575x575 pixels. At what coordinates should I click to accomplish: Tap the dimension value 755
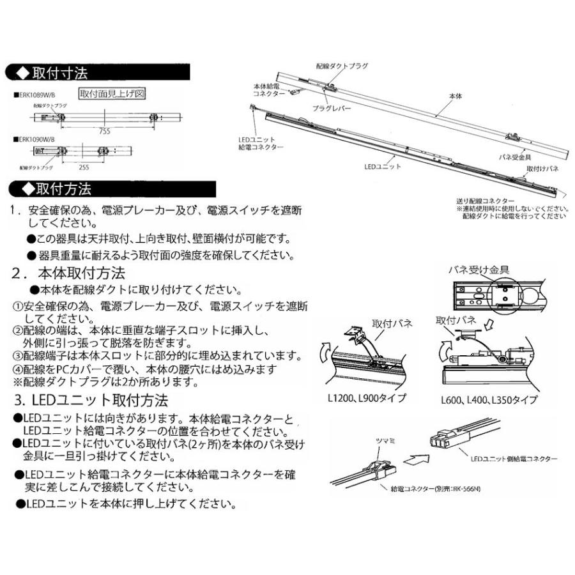coord(105,131)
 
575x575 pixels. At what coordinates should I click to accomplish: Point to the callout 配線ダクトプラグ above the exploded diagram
coord(342,66)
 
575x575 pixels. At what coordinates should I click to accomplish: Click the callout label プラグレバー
coord(332,109)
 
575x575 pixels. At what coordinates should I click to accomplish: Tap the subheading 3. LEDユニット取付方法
coord(91,401)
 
